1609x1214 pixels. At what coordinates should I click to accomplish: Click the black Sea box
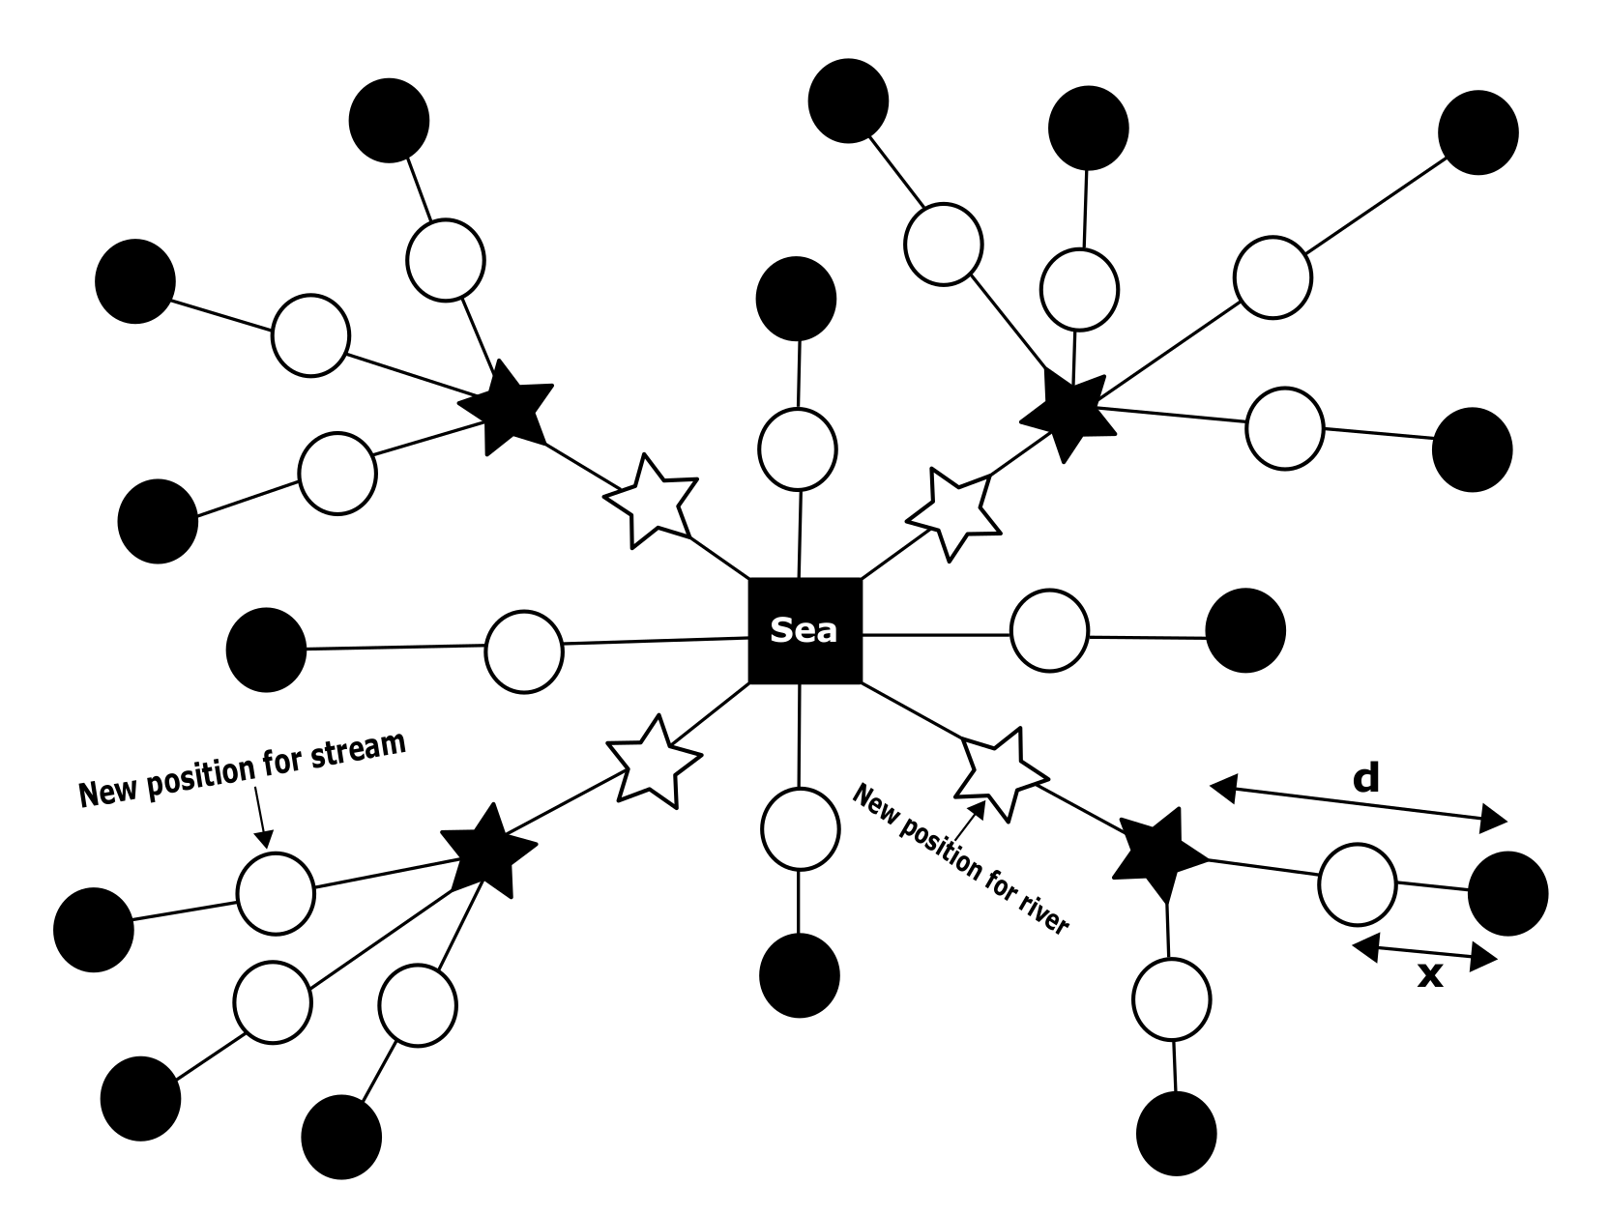pos(804,630)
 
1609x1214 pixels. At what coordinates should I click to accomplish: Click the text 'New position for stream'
pos(242,770)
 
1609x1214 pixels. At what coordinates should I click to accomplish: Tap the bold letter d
pos(1365,777)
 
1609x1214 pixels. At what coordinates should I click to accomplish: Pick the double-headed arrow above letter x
pos(1424,952)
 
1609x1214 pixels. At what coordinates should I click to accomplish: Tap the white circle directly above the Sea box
pos(798,448)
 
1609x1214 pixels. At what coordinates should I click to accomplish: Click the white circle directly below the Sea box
pos(800,829)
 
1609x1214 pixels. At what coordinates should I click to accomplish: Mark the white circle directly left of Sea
pos(523,650)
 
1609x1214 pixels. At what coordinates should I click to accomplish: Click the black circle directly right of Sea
pos(1245,630)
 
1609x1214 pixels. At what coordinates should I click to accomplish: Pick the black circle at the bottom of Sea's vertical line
pos(800,975)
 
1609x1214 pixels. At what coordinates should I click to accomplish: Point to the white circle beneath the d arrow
pos(1358,883)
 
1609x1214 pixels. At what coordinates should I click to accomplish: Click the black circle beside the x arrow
pos(1507,893)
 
